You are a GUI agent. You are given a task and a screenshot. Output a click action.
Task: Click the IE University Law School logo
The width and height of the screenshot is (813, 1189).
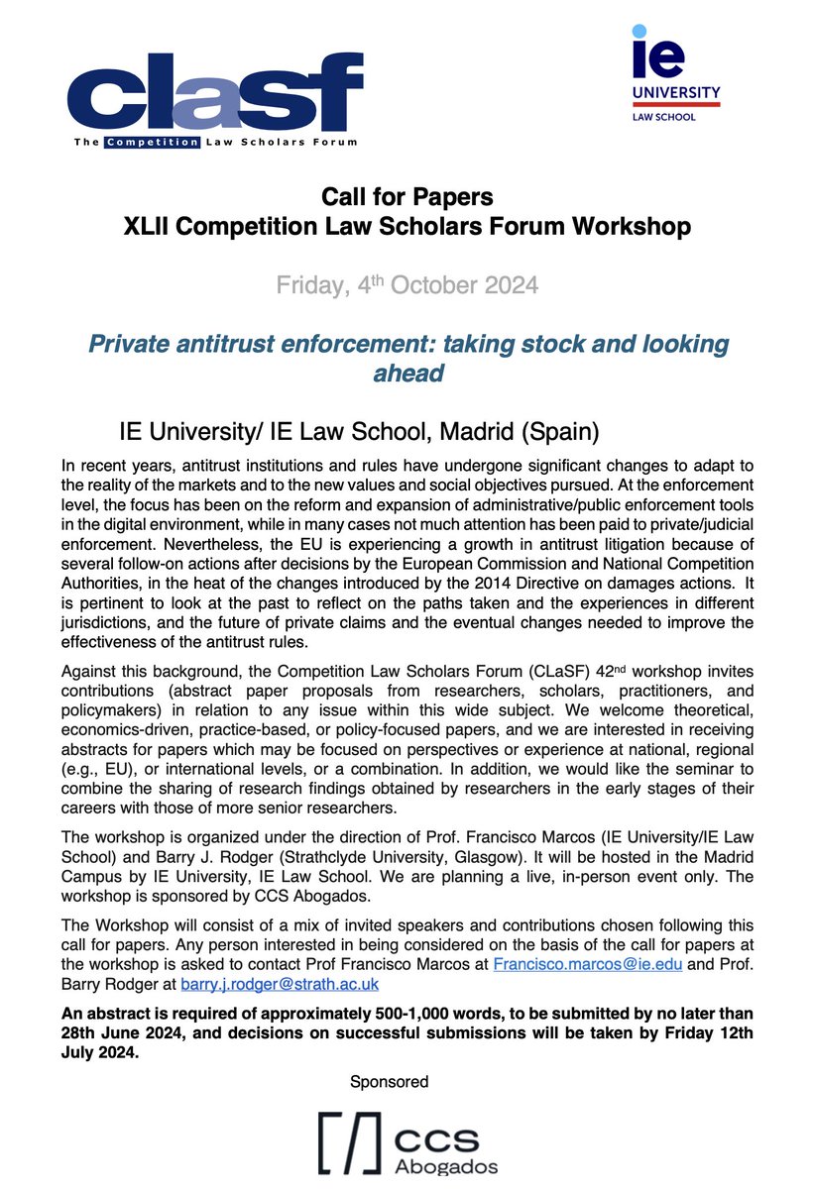click(676, 75)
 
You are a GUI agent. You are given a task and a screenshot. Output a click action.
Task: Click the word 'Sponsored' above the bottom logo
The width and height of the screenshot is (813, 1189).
click(389, 1081)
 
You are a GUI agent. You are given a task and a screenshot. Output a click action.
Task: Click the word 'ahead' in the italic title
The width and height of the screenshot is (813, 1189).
click(407, 376)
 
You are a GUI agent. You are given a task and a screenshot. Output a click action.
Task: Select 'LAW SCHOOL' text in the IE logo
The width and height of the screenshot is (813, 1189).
click(663, 117)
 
